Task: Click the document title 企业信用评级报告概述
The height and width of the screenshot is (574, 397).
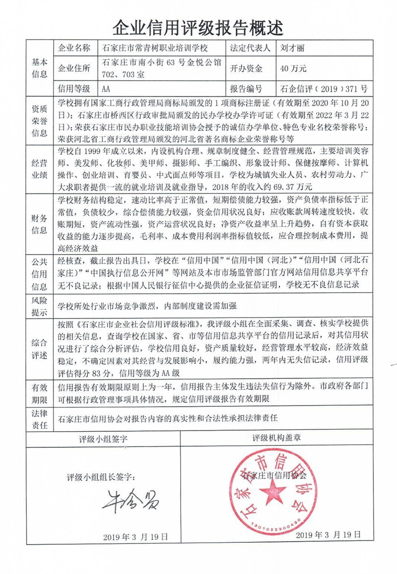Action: coord(198,25)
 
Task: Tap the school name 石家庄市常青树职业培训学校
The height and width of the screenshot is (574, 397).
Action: coord(154,49)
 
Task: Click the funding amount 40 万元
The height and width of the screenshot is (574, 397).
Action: coord(293,68)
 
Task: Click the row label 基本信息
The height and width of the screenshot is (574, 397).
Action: coord(40,68)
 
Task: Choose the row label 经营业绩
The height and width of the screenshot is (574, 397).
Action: coord(40,167)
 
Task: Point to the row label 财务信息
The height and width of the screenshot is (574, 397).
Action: coord(40,224)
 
